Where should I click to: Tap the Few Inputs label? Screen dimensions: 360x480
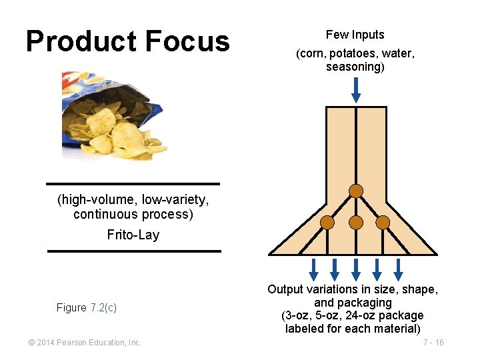coord(355,35)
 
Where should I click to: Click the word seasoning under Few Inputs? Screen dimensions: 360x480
coord(353,67)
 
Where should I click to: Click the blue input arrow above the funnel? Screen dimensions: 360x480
coord(356,90)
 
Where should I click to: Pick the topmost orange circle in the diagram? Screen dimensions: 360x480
coord(356,191)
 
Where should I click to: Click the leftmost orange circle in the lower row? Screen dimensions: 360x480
coord(327,222)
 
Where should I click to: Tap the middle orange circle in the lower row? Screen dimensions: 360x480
coord(356,222)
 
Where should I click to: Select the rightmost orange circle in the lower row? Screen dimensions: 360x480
coord(383,222)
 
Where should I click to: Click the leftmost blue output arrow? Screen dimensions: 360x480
coord(313,269)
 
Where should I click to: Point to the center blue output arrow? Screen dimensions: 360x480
coord(356,269)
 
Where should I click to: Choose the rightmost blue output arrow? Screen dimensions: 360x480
coord(398,269)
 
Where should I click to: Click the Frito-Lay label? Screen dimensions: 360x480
coord(133,235)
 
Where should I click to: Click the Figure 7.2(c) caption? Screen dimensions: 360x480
coord(87,307)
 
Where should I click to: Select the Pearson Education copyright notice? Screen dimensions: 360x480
coord(85,343)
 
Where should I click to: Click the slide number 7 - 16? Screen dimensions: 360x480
coord(433,343)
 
